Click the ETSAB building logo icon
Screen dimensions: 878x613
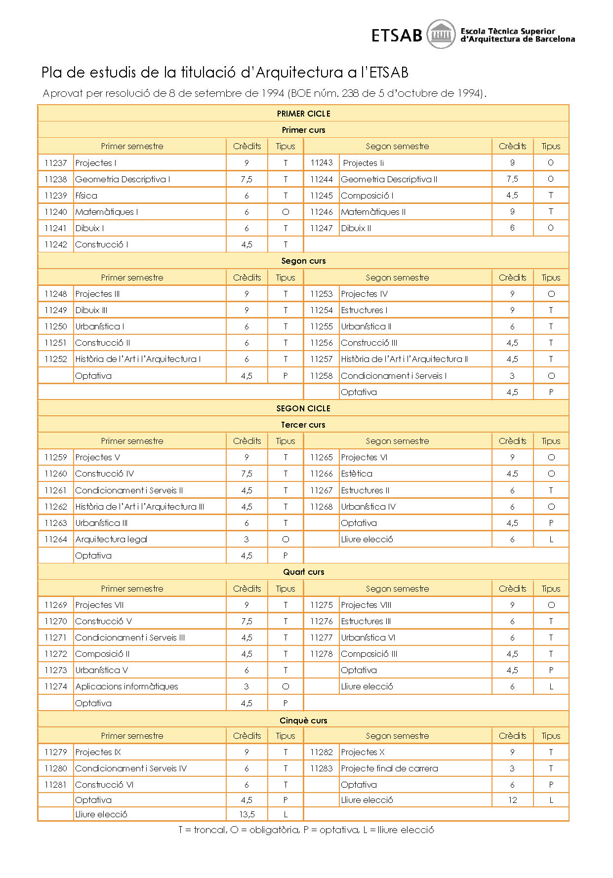(x=441, y=35)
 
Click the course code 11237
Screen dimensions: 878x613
(x=55, y=163)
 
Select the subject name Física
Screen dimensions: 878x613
(x=86, y=196)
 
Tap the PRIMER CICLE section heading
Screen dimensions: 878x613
(x=303, y=114)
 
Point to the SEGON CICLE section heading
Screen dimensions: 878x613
(x=303, y=408)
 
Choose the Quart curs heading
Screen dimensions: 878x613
(x=303, y=572)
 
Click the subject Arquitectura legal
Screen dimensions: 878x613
(x=111, y=539)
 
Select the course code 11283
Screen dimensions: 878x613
(x=321, y=768)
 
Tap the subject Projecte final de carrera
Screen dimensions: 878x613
(x=389, y=768)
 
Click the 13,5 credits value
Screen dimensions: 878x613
(x=246, y=814)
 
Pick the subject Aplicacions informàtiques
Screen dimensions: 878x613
(x=126, y=686)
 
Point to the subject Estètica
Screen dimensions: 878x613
(x=357, y=474)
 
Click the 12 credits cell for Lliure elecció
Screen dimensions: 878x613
(x=512, y=800)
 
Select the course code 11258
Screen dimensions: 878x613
(x=321, y=376)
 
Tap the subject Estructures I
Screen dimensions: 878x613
(x=364, y=310)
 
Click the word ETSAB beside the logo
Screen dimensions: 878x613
(x=397, y=36)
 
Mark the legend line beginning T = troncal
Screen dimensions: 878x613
(x=306, y=830)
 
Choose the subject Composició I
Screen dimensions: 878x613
(x=367, y=196)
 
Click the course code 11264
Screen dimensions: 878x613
(x=55, y=539)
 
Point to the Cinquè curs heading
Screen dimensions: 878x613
(x=303, y=720)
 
